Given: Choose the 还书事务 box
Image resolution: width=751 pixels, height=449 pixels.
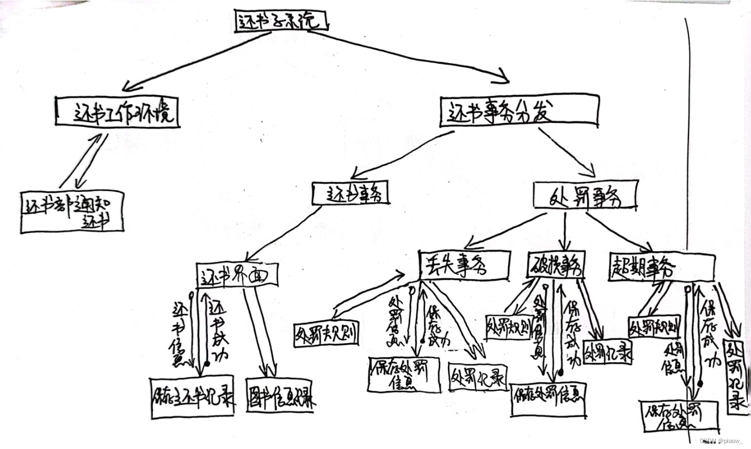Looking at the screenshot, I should [x=350, y=193].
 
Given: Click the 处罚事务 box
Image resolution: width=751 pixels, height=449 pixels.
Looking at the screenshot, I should [x=585, y=196].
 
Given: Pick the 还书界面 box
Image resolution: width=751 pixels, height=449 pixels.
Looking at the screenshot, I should [x=237, y=275].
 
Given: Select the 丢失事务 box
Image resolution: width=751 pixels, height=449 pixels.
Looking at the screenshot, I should [x=464, y=265].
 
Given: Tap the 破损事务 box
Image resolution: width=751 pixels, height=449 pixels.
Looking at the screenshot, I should [x=556, y=266].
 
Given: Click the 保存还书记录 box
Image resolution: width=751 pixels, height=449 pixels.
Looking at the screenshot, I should [x=193, y=397].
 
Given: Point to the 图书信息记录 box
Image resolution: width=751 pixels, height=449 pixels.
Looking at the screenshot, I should [x=279, y=395].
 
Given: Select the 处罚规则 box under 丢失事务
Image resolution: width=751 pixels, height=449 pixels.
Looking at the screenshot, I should [x=327, y=334].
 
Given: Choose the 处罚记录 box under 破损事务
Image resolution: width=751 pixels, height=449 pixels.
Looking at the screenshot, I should [x=607, y=352].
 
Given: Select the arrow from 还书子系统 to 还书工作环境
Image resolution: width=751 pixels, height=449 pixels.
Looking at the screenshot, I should [x=196, y=60].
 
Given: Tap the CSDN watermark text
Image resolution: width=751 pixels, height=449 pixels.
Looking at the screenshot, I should [x=721, y=441].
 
